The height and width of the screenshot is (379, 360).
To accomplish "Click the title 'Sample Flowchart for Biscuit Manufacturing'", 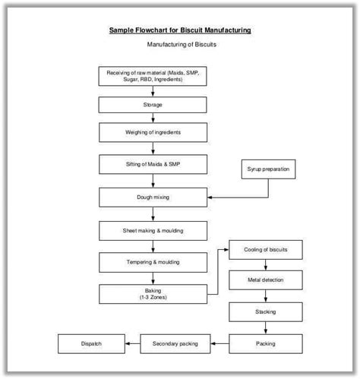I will click(180, 30).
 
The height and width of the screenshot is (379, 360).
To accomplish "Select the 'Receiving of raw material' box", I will click(153, 76).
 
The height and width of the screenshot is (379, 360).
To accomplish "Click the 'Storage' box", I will click(153, 104).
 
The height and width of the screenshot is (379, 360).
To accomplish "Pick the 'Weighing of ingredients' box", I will click(153, 132).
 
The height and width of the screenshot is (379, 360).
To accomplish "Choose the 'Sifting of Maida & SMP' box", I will click(153, 164).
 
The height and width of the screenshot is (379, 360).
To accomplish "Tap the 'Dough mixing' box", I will click(153, 197).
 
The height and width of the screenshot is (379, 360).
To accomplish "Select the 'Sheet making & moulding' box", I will click(153, 230).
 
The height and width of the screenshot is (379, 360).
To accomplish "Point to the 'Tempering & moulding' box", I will click(153, 262).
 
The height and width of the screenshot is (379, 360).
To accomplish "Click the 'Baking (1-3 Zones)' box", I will click(153, 293).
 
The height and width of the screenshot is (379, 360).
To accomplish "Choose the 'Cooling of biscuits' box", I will click(265, 249).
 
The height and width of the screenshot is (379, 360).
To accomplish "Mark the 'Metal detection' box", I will click(265, 280).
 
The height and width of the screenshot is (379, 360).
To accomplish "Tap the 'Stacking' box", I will click(265, 311).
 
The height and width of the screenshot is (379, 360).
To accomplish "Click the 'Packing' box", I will click(265, 343).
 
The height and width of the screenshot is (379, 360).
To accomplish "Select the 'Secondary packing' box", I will click(175, 343).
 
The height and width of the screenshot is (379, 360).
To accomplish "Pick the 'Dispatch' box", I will click(91, 343).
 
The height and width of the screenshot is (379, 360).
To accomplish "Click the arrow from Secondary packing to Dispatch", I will click(133, 343).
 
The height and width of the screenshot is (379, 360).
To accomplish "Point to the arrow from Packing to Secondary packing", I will click(219, 343).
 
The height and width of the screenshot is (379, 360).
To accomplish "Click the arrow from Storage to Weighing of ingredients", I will click(153, 118).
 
